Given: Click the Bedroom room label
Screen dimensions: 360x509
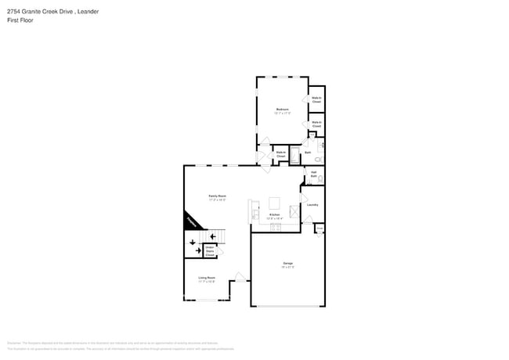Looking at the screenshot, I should pyautogui.click(x=282, y=110).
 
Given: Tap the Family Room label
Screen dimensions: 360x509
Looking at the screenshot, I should pyautogui.click(x=217, y=196).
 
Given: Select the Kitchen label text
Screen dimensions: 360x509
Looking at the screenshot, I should pyautogui.click(x=274, y=214).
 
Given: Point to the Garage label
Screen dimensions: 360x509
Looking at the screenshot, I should pyautogui.click(x=288, y=263).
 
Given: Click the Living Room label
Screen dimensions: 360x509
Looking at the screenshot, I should pyautogui.click(x=207, y=278).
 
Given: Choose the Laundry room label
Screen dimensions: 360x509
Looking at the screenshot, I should pyautogui.click(x=312, y=205).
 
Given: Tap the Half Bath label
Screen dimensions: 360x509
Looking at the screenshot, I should pyautogui.click(x=313, y=175).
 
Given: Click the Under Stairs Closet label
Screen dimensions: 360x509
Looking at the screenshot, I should pyautogui.click(x=210, y=251).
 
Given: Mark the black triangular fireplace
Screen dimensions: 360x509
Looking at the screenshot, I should pyautogui.click(x=191, y=221).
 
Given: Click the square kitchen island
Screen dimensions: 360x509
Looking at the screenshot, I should pyautogui.click(x=275, y=201).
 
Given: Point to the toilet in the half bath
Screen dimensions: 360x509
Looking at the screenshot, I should pyautogui.click(x=320, y=178).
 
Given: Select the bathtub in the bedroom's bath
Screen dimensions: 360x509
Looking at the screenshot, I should pyautogui.click(x=295, y=155).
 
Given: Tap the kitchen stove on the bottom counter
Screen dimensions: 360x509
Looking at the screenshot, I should pyautogui.click(x=275, y=227).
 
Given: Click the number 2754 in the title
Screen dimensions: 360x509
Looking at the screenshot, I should pyautogui.click(x=13, y=12).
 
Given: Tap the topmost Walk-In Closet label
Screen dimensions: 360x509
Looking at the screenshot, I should pyautogui.click(x=316, y=99).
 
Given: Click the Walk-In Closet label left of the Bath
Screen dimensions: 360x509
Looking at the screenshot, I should pyautogui.click(x=280, y=154).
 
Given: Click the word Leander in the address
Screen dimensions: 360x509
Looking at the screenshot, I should pyautogui.click(x=88, y=12).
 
